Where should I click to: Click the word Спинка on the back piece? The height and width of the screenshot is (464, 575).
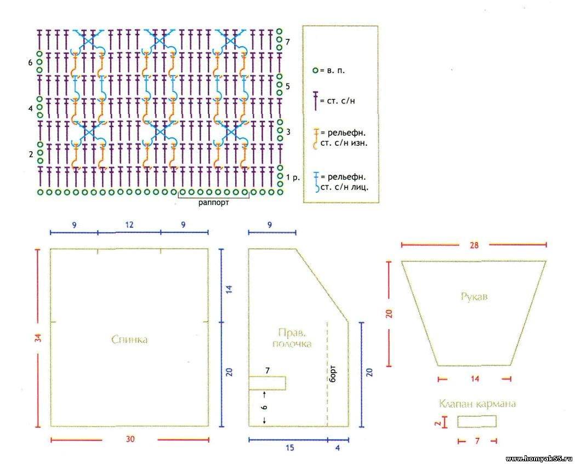pos(129,340)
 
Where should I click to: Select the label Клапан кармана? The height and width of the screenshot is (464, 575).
pos(477,404)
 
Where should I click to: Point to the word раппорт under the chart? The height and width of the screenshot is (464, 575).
pos(214,202)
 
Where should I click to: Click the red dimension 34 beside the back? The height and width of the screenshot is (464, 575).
pos(38,339)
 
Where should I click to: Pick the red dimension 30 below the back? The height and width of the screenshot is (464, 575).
pos(129,439)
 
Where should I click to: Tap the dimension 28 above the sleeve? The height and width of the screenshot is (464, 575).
pos(474,245)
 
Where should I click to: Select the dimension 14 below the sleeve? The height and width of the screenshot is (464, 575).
pos(475,379)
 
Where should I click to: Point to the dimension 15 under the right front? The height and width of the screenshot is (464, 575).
pos(289,448)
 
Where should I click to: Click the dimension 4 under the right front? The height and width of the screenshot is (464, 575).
pos(338,448)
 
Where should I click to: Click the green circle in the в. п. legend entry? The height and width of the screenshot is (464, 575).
pos(315,71)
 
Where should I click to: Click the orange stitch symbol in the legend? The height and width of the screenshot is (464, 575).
pos(315,138)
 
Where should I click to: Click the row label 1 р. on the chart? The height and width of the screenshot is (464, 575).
pos(295,177)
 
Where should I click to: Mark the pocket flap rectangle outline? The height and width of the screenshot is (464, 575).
pos(477,421)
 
